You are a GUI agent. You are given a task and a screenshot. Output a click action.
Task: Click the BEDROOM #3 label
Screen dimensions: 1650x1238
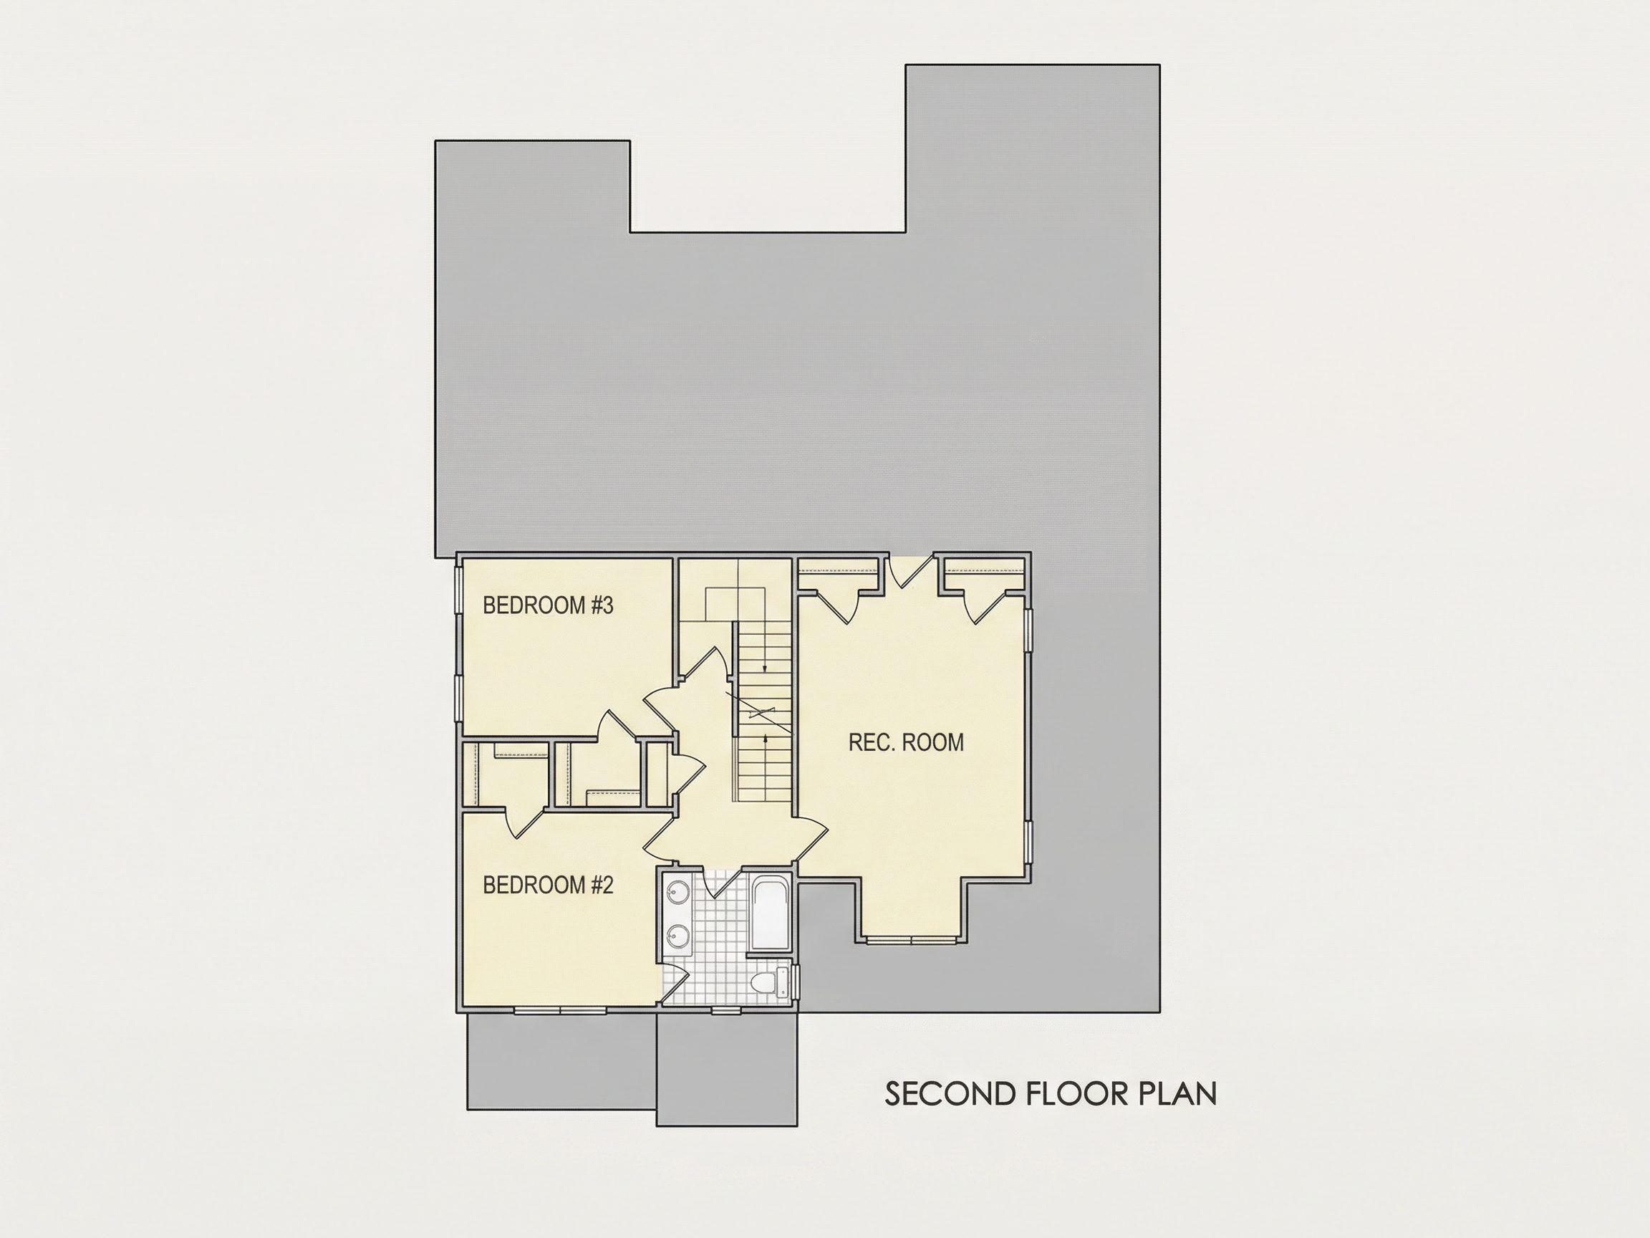tap(548, 605)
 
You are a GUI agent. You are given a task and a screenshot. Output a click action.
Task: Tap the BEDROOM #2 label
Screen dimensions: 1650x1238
tap(548, 885)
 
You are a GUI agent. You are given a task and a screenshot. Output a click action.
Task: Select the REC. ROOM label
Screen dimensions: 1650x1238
tap(907, 742)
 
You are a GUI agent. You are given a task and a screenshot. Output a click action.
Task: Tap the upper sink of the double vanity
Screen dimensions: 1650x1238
tap(679, 892)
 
